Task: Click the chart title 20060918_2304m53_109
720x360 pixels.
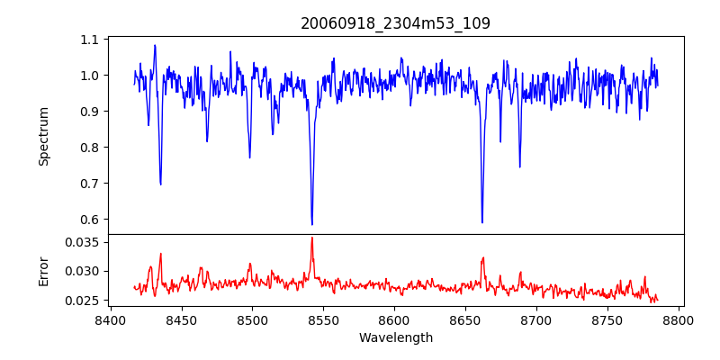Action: [395, 23]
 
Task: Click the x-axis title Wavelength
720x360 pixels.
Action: [395, 338]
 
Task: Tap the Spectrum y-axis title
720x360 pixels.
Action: [44, 136]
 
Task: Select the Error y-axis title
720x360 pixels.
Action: [44, 270]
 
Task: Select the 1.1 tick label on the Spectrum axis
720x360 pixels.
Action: [90, 40]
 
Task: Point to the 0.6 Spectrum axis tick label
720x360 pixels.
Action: [90, 220]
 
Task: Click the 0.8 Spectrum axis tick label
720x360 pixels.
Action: [90, 148]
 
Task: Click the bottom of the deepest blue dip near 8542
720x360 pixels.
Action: [311, 224]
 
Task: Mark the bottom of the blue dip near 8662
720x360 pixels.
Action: [482, 222]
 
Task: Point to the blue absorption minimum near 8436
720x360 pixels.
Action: [160, 184]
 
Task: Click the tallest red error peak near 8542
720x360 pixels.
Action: [311, 238]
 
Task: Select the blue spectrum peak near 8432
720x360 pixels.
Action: [155, 45]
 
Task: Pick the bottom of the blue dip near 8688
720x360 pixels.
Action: [519, 166]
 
